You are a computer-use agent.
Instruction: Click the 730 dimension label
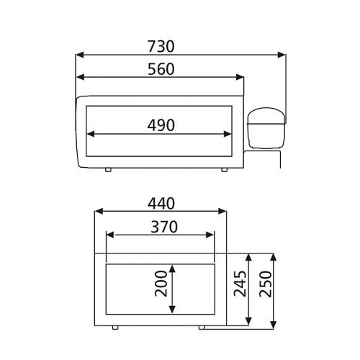pos(161,46)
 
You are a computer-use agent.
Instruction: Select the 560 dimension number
pos(161,69)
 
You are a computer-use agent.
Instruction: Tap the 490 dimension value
pos(161,125)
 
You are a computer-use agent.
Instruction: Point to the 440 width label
pos(161,204)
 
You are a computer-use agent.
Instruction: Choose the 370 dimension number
pos(164,227)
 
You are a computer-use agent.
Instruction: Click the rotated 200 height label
pos(161,284)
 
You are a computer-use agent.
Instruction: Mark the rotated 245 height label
pos(240,284)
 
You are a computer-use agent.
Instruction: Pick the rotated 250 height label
pos(266,284)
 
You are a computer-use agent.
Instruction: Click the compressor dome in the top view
pos(266,127)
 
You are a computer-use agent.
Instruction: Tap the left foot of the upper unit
pos(108,170)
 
